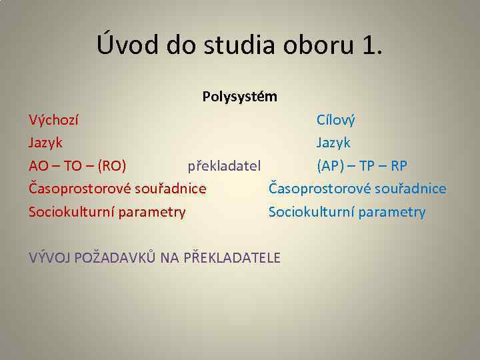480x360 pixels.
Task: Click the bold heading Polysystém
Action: click(240, 97)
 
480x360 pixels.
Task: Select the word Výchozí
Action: click(53, 121)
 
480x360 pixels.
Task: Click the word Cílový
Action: click(336, 121)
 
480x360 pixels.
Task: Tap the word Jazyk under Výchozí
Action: click(45, 143)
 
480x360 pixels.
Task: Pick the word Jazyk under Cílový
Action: click(333, 143)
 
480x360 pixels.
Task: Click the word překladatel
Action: click(224, 165)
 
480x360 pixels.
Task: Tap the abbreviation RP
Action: click(399, 165)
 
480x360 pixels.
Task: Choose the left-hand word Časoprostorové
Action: click(79, 189)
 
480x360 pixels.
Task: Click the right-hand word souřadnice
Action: click(411, 189)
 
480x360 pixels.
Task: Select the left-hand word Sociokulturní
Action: click(73, 212)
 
